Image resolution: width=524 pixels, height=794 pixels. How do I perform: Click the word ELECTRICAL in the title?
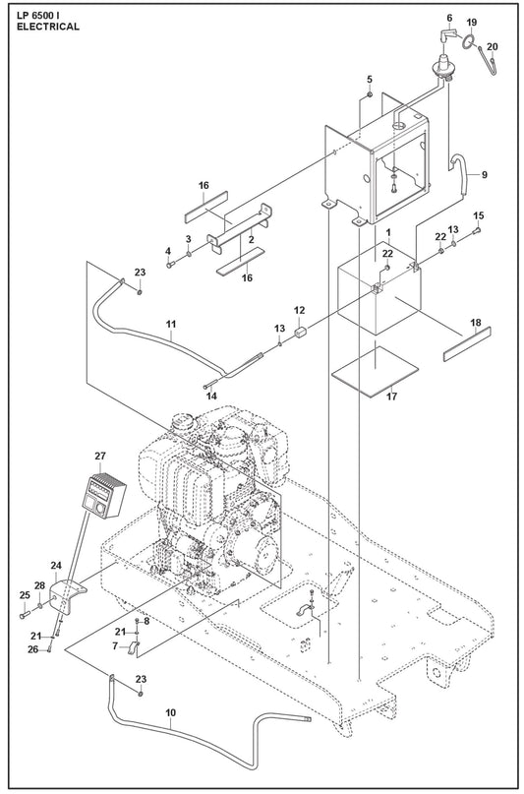tap(48, 28)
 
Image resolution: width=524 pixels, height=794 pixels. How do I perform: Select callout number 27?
tap(100, 456)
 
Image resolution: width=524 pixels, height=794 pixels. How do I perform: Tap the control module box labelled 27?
tap(103, 495)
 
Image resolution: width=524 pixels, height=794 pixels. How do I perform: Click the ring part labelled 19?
tap(469, 42)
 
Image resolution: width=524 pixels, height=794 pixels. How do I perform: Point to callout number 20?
tap(493, 47)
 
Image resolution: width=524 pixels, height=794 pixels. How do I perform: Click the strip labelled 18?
tap(467, 343)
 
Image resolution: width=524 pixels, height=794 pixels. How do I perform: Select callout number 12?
tap(300, 310)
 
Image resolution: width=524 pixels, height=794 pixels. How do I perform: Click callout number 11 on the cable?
tap(171, 323)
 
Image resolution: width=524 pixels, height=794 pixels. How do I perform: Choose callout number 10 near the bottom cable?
tap(170, 712)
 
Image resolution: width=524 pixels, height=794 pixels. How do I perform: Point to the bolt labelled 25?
tap(25, 616)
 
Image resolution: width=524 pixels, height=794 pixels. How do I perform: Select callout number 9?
tap(484, 175)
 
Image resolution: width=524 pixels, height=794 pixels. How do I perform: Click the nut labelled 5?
tap(370, 94)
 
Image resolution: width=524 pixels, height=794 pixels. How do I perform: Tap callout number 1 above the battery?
tap(388, 232)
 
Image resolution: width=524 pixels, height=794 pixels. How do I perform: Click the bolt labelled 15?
tap(477, 231)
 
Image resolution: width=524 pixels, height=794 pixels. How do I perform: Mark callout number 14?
tap(211, 396)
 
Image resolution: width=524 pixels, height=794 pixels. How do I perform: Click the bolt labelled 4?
tap(169, 264)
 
